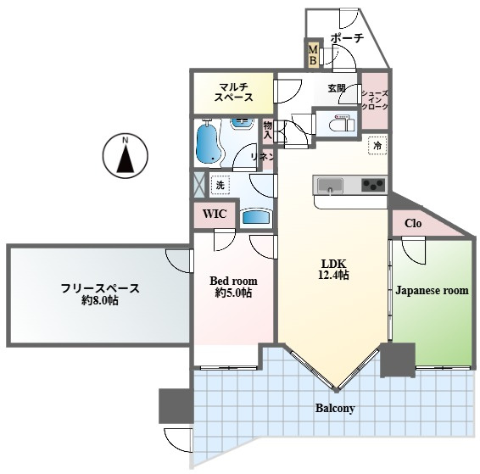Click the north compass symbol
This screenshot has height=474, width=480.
click(x=126, y=156)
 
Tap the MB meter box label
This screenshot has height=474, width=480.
click(x=313, y=54)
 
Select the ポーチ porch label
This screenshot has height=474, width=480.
click(x=347, y=38)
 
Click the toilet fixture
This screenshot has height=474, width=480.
click(x=342, y=124)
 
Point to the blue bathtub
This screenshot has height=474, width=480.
click(x=209, y=143)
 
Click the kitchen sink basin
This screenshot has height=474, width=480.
click(x=330, y=186)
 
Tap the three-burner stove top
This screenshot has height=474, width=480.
click(x=373, y=185)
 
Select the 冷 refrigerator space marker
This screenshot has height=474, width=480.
click(x=377, y=145)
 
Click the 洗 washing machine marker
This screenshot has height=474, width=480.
click(x=220, y=185)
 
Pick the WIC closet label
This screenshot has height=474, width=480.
click(x=215, y=214)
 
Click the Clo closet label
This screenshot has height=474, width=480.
click(x=413, y=223)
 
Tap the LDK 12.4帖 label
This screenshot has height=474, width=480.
click(x=333, y=270)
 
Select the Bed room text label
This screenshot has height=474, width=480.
click(x=233, y=281)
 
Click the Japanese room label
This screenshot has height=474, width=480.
click(x=432, y=290)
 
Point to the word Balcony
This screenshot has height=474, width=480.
click(x=335, y=408)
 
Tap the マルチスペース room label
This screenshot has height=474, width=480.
click(x=234, y=92)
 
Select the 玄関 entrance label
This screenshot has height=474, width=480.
click(x=337, y=88)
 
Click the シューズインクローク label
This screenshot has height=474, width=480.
click(x=375, y=100)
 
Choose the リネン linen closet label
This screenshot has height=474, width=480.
click(x=262, y=157)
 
